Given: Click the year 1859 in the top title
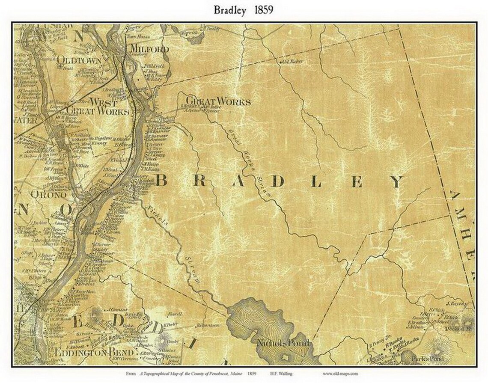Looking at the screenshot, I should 263,11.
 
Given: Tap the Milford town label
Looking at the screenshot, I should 149,49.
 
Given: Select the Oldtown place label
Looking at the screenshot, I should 80,60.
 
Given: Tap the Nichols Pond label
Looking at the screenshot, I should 283,344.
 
